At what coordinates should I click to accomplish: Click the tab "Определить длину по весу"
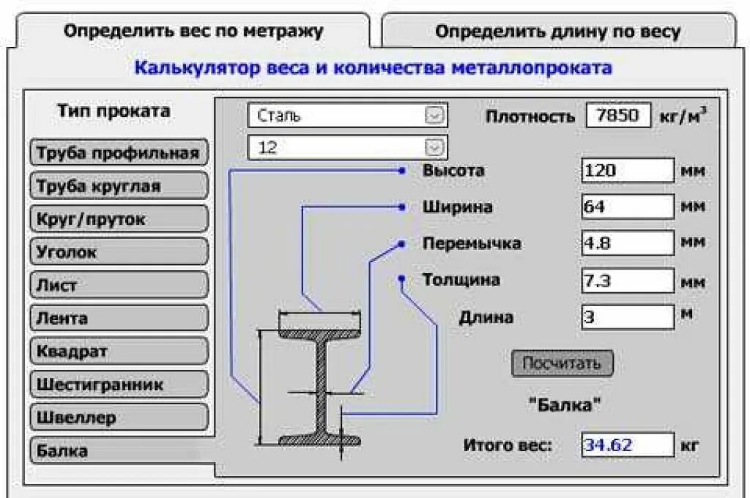(x=557, y=32)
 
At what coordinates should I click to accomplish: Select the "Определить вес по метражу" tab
(x=193, y=31)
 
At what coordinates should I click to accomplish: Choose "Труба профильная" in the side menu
(x=119, y=153)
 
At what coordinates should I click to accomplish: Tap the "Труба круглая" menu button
(x=119, y=186)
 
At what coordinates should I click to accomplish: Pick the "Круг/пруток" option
(x=119, y=219)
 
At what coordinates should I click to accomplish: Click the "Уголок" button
(x=119, y=252)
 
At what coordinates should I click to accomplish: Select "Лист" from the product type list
(x=119, y=286)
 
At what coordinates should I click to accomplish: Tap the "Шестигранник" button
(x=119, y=384)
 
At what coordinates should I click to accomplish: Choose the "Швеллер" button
(x=119, y=418)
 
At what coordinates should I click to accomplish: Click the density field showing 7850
(x=618, y=116)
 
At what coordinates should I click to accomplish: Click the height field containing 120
(x=627, y=171)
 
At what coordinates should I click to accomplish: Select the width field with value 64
(x=627, y=207)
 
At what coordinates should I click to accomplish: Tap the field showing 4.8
(x=627, y=242)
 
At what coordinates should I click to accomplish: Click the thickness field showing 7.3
(x=627, y=280)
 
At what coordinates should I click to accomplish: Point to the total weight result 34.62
(x=627, y=445)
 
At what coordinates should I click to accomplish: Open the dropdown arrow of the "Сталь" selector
(x=435, y=116)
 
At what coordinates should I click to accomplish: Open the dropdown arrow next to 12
(x=435, y=148)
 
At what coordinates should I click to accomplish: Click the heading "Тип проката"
(x=114, y=111)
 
